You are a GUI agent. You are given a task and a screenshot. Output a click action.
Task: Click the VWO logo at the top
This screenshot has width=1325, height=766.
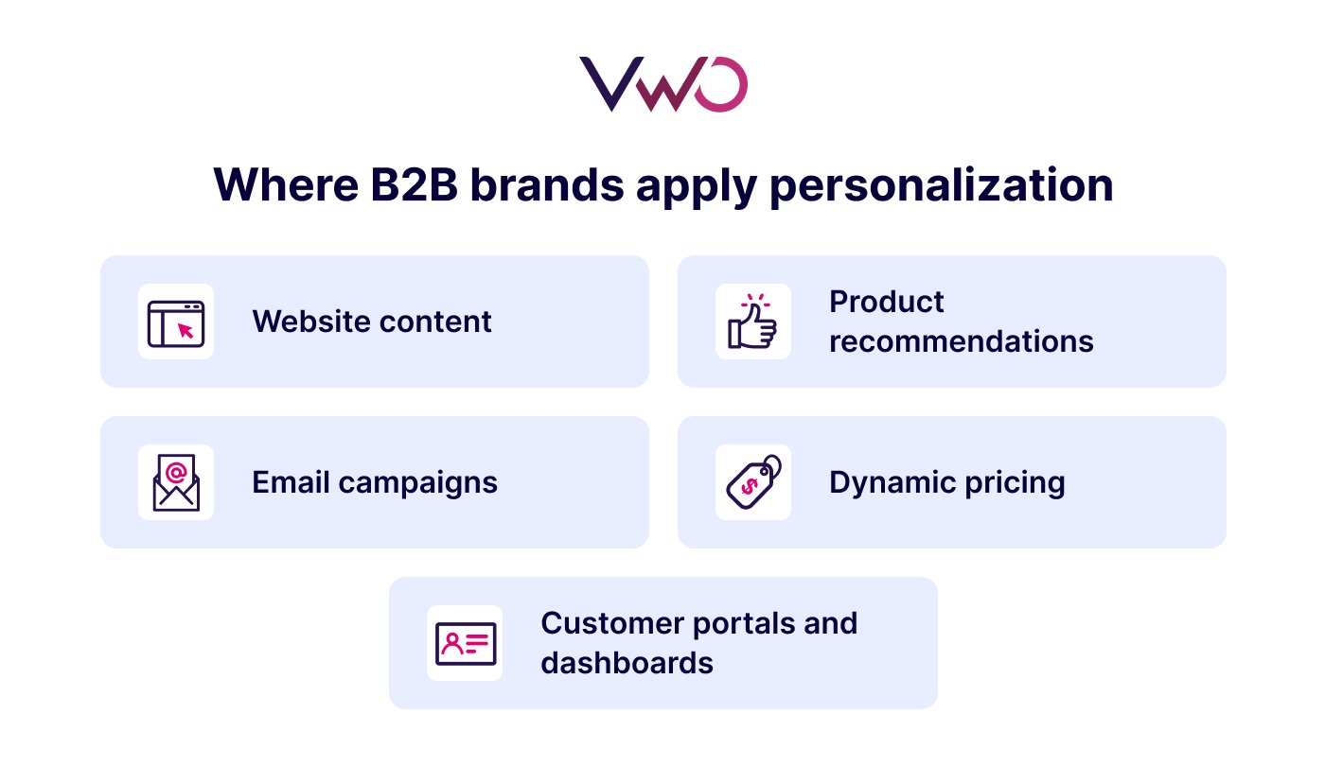point(662,84)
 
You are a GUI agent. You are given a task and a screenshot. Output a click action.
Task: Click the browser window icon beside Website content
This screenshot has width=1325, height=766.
point(176,322)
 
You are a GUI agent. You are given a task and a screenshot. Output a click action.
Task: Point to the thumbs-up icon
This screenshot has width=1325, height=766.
point(752,322)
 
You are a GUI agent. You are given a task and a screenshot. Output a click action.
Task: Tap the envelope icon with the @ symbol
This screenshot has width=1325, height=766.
point(176,482)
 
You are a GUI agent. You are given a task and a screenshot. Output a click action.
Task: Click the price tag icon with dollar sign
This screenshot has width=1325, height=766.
point(753,482)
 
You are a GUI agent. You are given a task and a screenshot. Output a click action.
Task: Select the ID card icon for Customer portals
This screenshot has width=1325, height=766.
point(465,643)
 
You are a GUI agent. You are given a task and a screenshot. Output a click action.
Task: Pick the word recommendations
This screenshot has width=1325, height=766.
point(961,340)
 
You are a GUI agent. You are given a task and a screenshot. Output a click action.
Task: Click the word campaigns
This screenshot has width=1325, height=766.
point(417,482)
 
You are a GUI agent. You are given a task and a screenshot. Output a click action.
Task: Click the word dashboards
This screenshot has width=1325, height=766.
point(627,662)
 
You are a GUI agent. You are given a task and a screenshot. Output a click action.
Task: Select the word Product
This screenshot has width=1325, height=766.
point(886,303)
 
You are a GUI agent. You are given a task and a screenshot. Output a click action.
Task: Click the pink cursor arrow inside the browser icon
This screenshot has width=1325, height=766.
point(185,330)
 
